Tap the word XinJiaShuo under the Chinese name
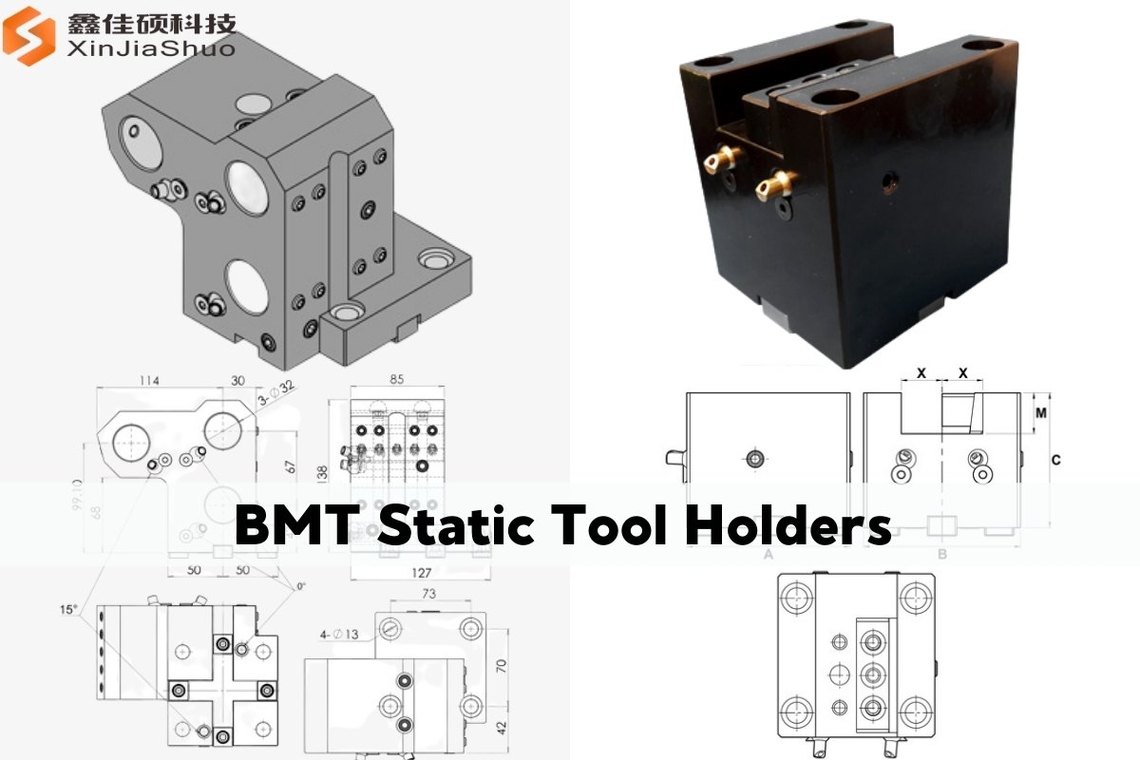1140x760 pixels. [x=151, y=47]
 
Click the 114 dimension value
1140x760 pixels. [x=148, y=380]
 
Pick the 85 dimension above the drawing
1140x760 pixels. [x=397, y=380]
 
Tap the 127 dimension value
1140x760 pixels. [x=422, y=572]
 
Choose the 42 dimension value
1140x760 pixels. [x=503, y=727]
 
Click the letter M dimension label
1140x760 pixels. [x=1041, y=413]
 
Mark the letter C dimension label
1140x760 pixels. [x=1055, y=461]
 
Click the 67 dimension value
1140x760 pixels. [x=291, y=467]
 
